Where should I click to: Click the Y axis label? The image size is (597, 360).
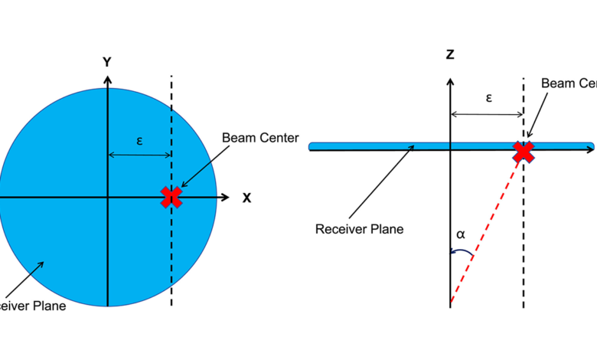point(109,61)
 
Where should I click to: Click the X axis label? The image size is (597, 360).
point(246,198)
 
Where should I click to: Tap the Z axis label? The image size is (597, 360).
point(450,54)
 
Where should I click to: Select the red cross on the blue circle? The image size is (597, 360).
point(171,197)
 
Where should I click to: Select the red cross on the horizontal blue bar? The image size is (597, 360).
point(524,152)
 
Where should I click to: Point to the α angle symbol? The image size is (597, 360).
point(460,234)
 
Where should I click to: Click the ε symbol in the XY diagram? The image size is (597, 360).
point(139,140)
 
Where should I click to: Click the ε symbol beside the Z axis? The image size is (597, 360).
point(488,99)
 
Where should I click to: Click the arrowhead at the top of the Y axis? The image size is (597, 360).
point(109,79)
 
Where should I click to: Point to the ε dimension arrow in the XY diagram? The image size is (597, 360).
point(139,155)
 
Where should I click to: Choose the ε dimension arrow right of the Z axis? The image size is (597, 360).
point(487,115)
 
